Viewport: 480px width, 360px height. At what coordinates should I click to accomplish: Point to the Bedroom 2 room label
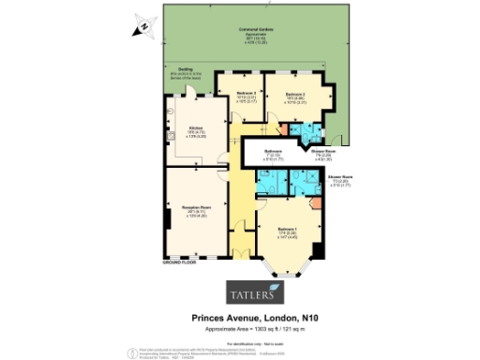coord(295,95)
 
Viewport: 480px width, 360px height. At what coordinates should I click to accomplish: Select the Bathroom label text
coord(273,150)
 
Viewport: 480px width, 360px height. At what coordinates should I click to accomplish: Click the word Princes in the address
coord(208,318)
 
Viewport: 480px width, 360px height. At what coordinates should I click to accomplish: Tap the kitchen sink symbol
coord(170,138)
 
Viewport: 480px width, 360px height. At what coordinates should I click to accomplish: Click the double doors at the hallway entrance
coord(242,253)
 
